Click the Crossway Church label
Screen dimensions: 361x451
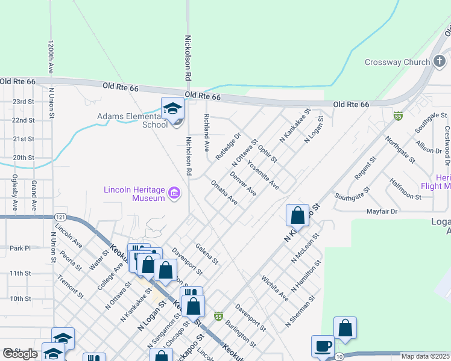point(397,62)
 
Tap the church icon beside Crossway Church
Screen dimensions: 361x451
point(440,61)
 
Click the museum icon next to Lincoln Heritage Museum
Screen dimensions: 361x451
point(175,193)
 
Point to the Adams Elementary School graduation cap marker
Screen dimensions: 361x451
point(172,108)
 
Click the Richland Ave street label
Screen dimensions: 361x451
point(206,132)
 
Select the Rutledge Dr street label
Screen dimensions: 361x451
point(228,147)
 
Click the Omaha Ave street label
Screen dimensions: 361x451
point(224,192)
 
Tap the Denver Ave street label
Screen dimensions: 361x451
point(243,184)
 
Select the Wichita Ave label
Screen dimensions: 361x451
point(274,288)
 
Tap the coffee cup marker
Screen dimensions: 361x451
point(322,347)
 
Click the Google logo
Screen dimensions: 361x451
point(20,354)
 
